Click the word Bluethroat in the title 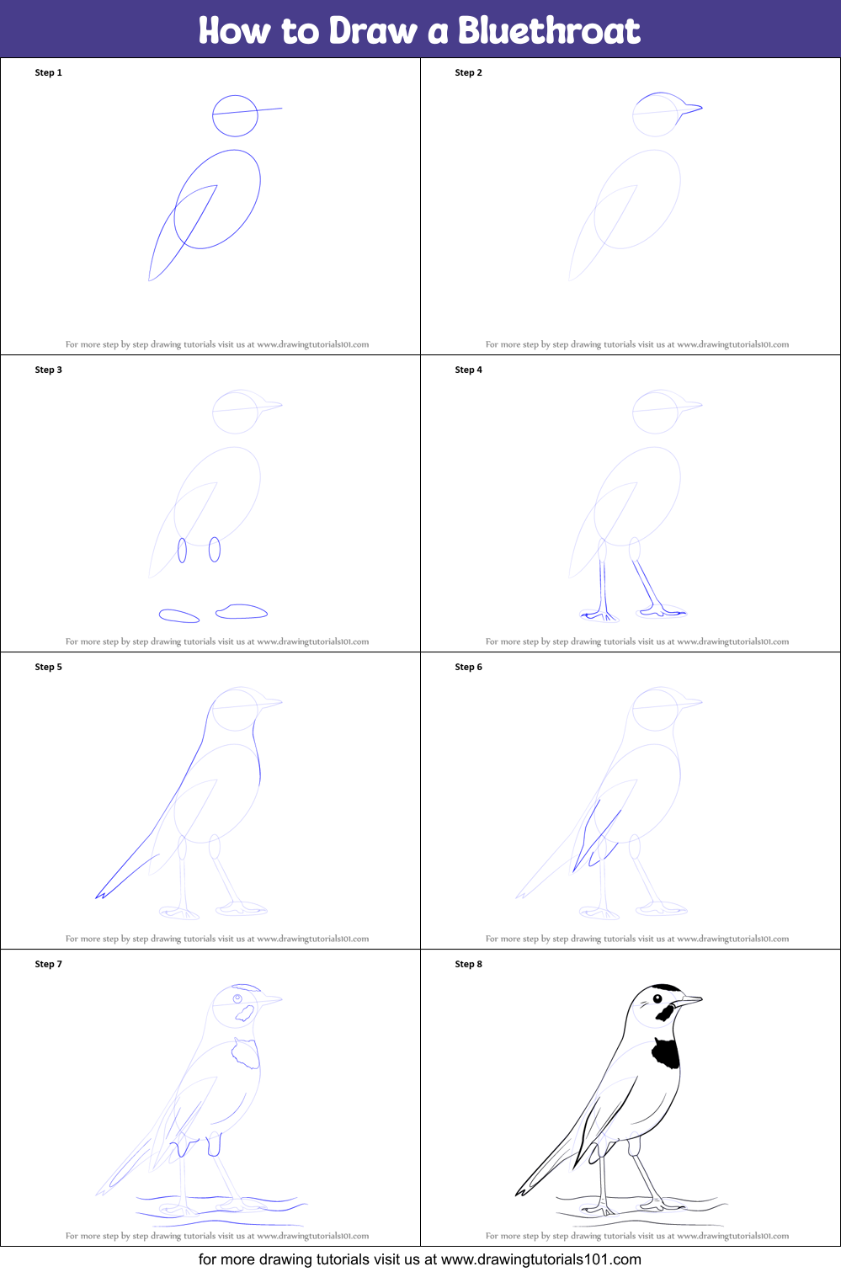pyautogui.click(x=549, y=30)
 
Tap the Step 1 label pyautogui.click(x=48, y=72)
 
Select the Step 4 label pyautogui.click(x=468, y=370)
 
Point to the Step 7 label pyautogui.click(x=48, y=964)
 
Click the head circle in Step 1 pyautogui.click(x=213, y=116)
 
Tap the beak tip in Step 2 pyautogui.click(x=702, y=107)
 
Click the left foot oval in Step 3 pyautogui.click(x=178, y=615)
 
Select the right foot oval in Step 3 pyautogui.click(x=242, y=611)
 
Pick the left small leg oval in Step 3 pyautogui.click(x=183, y=551)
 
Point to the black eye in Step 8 pyautogui.click(x=657, y=998)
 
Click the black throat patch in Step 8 pyautogui.click(x=666, y=1052)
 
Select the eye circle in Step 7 pyautogui.click(x=237, y=998)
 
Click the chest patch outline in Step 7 pyautogui.click(x=245, y=1053)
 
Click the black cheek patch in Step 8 pyautogui.click(x=665, y=1013)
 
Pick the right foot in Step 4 pyautogui.click(x=663, y=611)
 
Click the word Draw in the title pyautogui.click(x=373, y=30)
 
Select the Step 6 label pyautogui.click(x=468, y=667)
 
